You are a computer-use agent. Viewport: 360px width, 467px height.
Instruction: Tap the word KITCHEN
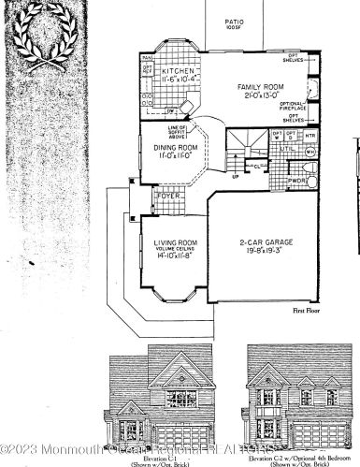coord(178,71)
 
